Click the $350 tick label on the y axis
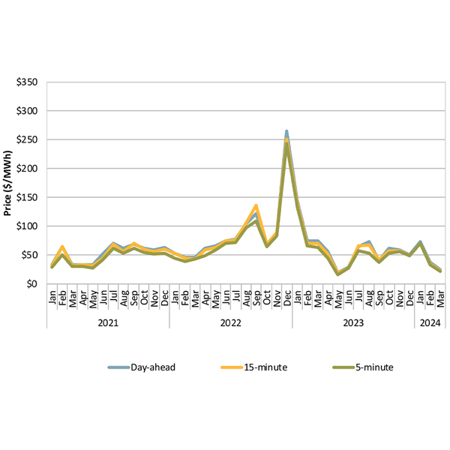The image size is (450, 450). point(29,82)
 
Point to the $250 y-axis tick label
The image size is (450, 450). point(29,139)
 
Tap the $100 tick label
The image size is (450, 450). point(29,226)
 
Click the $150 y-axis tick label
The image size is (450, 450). point(29,197)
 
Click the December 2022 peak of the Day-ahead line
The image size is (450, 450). point(286,131)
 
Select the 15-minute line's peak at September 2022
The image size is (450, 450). point(256,205)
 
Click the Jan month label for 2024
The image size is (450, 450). point(419,298)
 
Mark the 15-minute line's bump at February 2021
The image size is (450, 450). point(62,247)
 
